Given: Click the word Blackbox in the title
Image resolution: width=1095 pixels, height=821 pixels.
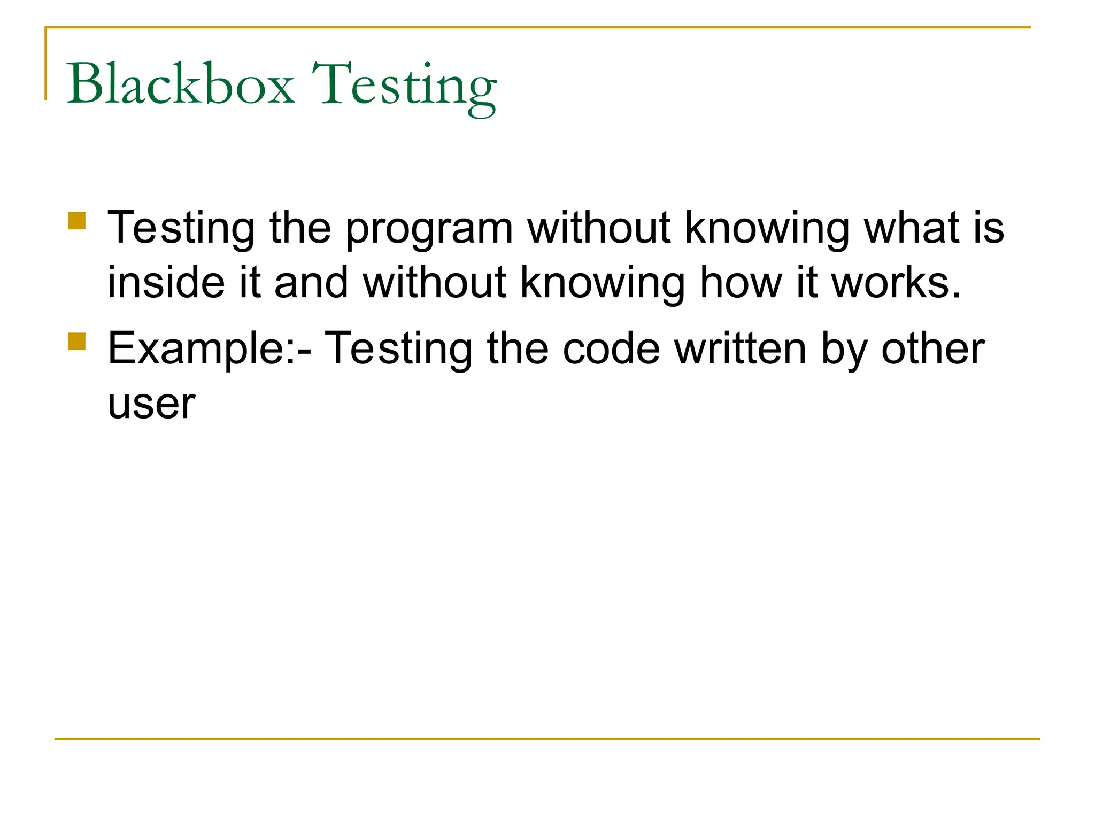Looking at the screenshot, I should tap(180, 84).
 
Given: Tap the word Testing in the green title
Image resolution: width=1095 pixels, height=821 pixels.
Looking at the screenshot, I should tap(404, 87).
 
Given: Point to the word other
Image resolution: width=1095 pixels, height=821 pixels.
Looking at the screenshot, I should tap(933, 348).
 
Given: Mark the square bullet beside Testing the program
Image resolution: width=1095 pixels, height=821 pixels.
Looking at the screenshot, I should tap(77, 221).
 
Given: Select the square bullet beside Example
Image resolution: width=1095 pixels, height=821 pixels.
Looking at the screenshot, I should tap(77, 342).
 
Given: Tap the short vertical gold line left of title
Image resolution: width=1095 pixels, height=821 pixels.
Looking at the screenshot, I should tap(45, 64).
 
